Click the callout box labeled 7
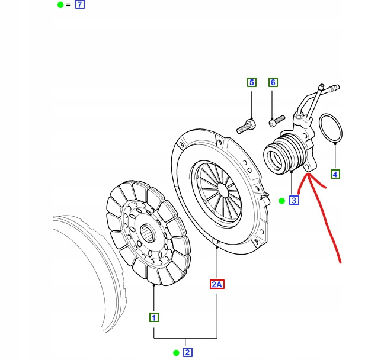(80, 5)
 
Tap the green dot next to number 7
(60, 5)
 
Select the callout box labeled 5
(251, 82)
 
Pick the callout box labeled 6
(273, 82)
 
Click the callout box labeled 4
(335, 174)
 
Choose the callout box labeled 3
(294, 200)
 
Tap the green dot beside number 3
(282, 201)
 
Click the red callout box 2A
(217, 284)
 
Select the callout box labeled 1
(153, 317)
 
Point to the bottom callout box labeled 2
(187, 353)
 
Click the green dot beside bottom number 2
(176, 353)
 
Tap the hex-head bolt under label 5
(246, 126)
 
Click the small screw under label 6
(274, 123)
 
